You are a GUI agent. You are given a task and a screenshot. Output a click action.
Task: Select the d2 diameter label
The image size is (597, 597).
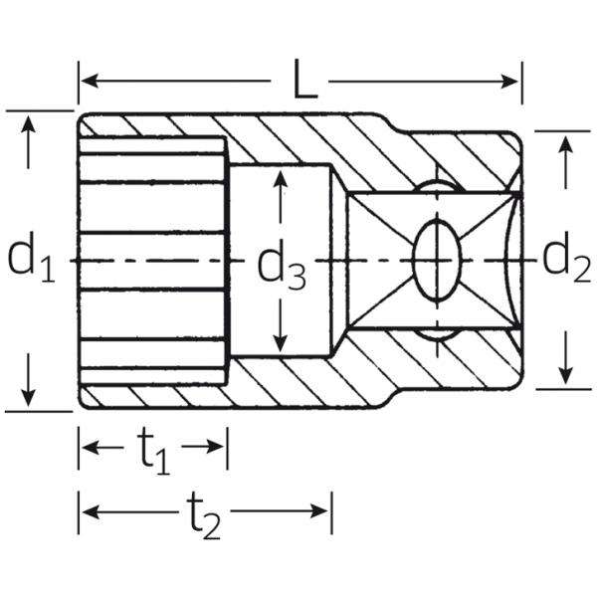tap(566, 260)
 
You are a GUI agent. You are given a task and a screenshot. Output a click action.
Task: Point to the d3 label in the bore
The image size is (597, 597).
tap(283, 264)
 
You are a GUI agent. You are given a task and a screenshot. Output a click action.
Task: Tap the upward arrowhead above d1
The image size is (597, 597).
tap(29, 125)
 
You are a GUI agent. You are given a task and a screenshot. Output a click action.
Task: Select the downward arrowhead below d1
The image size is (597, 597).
tap(29, 396)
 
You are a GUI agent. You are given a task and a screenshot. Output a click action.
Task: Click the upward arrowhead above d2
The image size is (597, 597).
tap(566, 144)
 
